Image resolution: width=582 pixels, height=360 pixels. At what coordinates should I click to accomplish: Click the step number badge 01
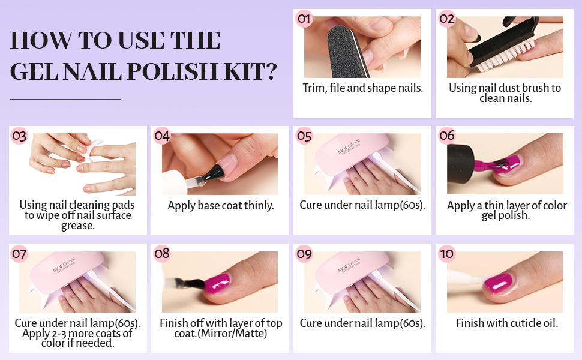(304, 19)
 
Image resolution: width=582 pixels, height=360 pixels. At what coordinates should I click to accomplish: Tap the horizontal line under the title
(65, 99)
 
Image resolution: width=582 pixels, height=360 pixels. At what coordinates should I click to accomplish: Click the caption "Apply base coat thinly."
(220, 206)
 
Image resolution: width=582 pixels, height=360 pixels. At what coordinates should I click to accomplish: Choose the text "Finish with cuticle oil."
(507, 323)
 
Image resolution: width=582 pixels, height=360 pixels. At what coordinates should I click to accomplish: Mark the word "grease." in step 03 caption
(77, 226)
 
